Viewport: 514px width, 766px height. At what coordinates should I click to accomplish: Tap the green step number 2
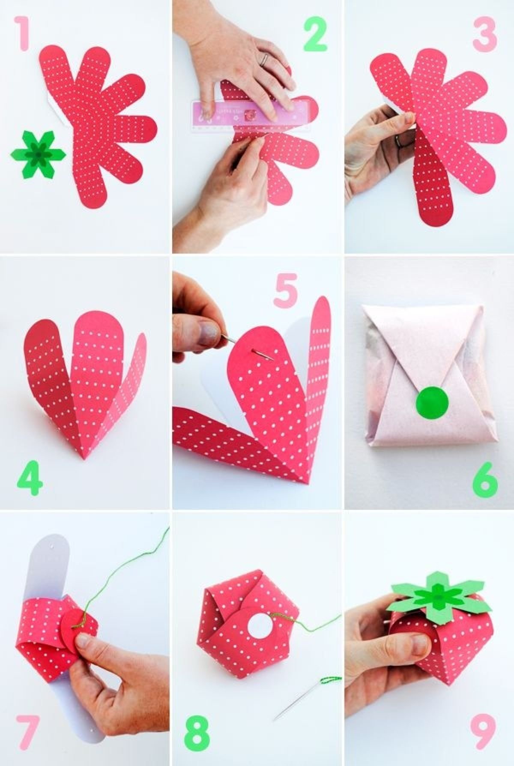[x=316, y=36]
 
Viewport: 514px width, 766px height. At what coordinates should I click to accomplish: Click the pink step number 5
[x=286, y=290]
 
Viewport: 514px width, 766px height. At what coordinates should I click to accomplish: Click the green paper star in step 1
[x=38, y=153]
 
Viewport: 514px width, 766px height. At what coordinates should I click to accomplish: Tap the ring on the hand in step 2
[x=265, y=59]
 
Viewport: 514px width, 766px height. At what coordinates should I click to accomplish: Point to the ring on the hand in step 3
[x=400, y=140]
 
